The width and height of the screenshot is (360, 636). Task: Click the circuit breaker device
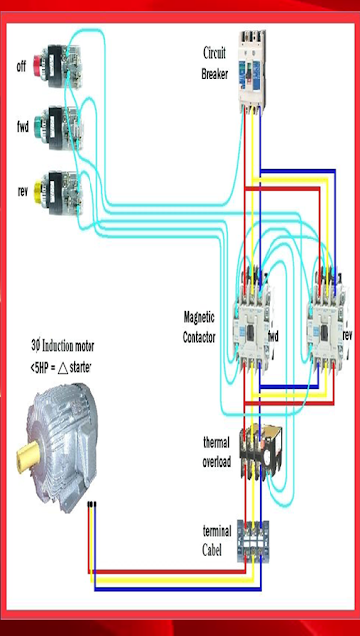[252, 71]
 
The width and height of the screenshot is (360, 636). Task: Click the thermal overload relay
[260, 451]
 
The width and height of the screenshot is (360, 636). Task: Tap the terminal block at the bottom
[253, 542]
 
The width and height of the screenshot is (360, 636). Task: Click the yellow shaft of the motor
[28, 456]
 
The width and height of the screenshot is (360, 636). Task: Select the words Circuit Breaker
[214, 64]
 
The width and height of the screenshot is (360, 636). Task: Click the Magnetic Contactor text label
[199, 327]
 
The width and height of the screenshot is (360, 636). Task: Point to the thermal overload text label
[217, 452]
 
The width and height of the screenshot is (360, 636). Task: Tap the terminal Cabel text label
[217, 540]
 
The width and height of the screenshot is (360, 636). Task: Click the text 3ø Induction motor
[63, 346]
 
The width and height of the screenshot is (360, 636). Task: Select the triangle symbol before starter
[62, 368]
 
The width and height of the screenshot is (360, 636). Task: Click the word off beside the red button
[21, 66]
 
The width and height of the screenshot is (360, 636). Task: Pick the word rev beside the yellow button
[22, 192]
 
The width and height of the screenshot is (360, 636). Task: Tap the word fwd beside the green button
[23, 127]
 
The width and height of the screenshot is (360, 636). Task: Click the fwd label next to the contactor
[273, 336]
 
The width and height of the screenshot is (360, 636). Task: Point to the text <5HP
[39, 368]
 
